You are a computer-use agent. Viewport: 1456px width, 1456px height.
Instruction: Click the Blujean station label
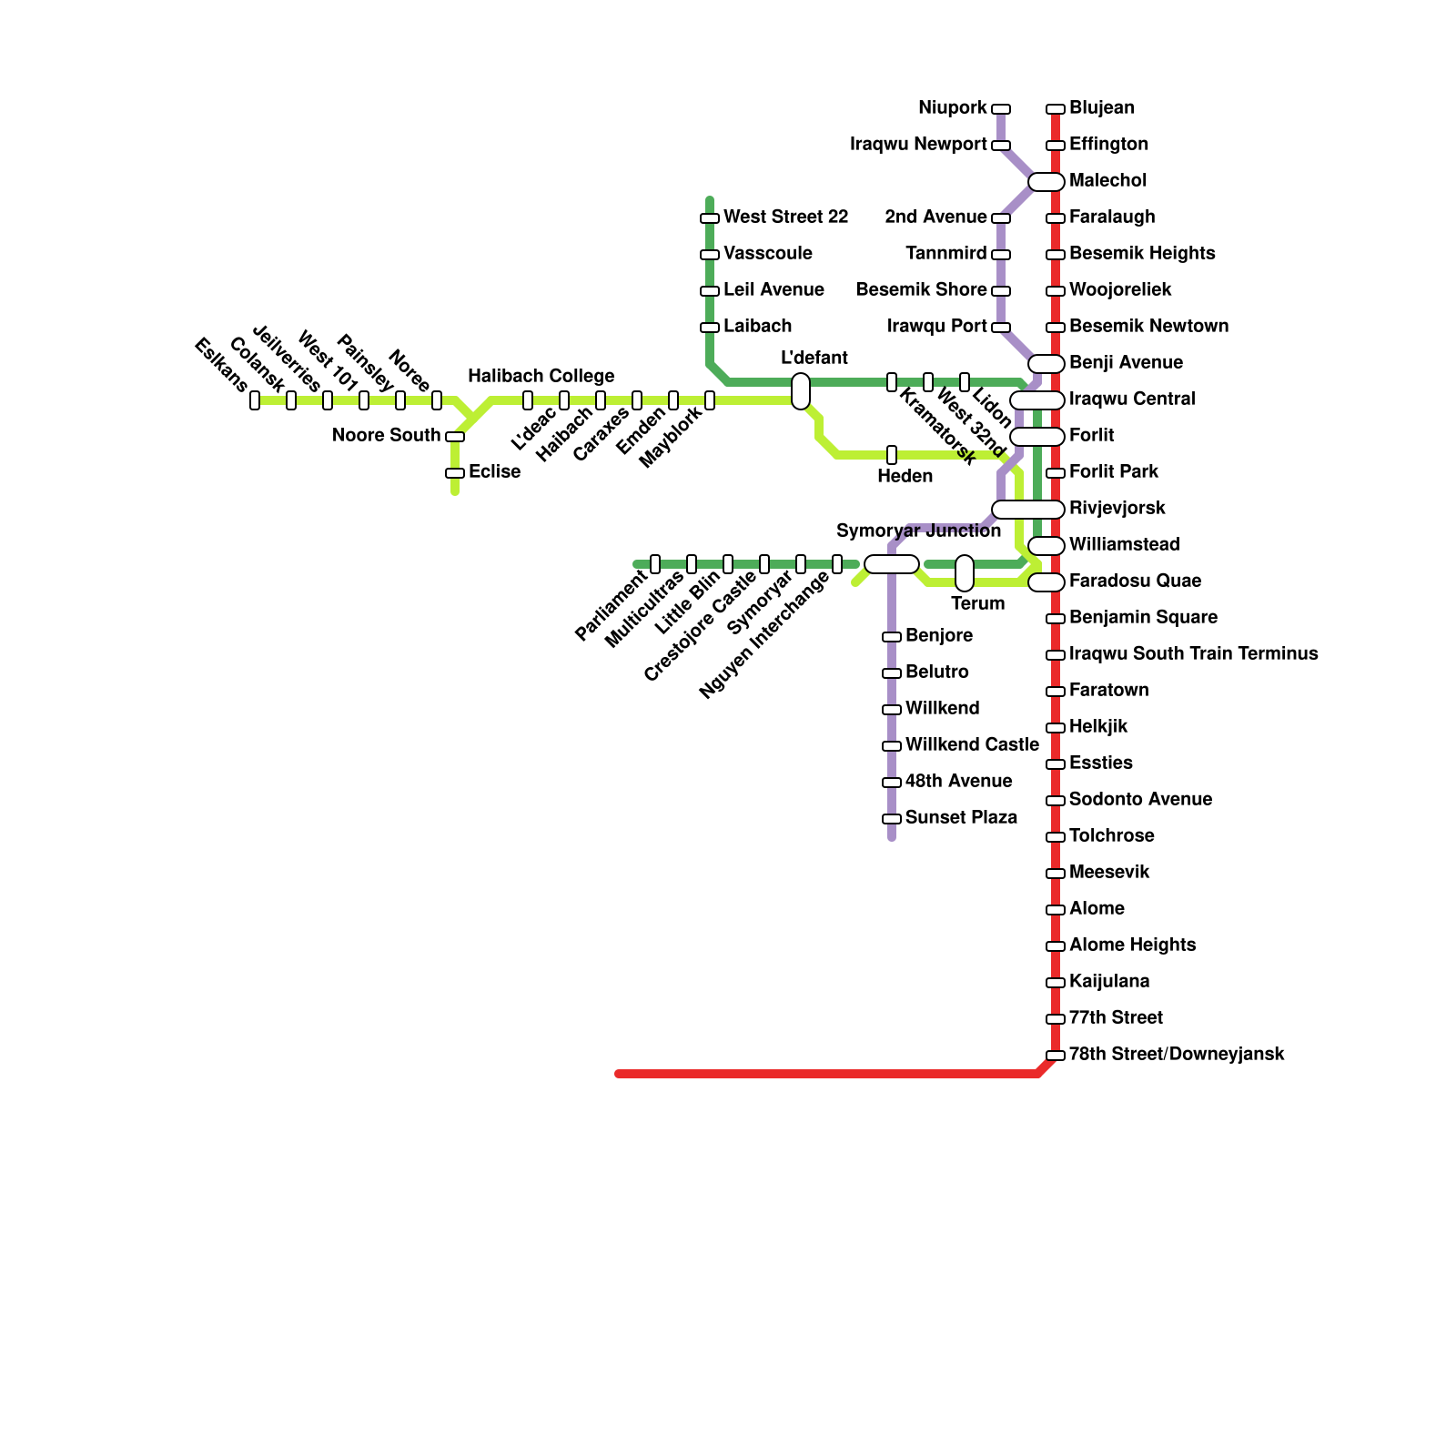pos(1101,108)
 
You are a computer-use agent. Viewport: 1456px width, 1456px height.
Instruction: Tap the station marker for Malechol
pos(1046,182)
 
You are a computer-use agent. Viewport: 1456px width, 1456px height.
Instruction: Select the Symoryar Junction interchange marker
pos(892,564)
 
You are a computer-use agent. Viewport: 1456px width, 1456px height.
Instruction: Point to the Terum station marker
pos(965,573)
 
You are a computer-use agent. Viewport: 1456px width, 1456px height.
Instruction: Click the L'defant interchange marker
pos(801,391)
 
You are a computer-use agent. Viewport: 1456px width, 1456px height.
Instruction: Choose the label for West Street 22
pos(785,217)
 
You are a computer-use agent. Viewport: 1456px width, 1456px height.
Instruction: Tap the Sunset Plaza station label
pos(961,818)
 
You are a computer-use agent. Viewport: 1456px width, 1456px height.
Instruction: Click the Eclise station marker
pos(455,473)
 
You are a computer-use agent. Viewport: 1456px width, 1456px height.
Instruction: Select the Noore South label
pos(386,436)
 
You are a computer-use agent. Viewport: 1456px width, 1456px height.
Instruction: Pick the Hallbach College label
pos(541,377)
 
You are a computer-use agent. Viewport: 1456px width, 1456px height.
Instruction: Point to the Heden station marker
pos(892,455)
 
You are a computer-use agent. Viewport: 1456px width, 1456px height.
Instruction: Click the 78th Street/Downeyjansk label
pos(1177,1055)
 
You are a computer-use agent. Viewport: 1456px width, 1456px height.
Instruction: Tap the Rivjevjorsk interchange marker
pos(1028,510)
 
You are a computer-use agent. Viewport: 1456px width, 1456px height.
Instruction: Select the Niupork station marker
pos(1001,109)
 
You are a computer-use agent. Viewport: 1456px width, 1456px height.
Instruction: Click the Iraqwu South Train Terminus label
pos(1193,654)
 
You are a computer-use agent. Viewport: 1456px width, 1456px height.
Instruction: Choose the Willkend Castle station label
pos(972,745)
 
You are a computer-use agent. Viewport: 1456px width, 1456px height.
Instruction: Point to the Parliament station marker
pos(655,564)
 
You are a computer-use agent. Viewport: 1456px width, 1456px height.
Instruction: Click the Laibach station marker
pos(710,328)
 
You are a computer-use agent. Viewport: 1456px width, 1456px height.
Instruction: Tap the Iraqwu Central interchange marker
pos(1037,400)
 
